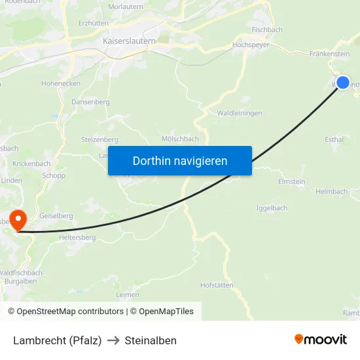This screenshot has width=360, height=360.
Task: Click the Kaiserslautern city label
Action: point(129,41)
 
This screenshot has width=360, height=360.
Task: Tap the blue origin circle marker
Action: point(342,82)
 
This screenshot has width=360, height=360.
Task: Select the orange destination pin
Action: point(17,220)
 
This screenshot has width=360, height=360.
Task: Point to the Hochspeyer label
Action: point(251,45)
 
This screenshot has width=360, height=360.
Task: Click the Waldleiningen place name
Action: point(239,113)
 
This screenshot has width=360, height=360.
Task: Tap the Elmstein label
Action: point(291,181)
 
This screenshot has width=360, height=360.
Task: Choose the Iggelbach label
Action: point(271,208)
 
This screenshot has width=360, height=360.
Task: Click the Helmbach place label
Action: point(331,192)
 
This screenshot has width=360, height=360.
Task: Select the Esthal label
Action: point(334,139)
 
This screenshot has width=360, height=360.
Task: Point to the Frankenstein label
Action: point(329,54)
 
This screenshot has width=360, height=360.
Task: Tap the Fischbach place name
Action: point(266,29)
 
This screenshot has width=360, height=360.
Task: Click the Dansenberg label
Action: point(90,102)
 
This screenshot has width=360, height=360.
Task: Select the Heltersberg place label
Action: point(77,238)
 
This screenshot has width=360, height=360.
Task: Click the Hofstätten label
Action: point(217,285)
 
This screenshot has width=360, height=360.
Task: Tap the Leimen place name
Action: point(127,295)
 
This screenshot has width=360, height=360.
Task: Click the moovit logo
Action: point(320,339)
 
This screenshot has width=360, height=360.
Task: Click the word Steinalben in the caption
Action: point(151,340)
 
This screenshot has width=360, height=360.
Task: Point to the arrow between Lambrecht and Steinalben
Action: point(113,340)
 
